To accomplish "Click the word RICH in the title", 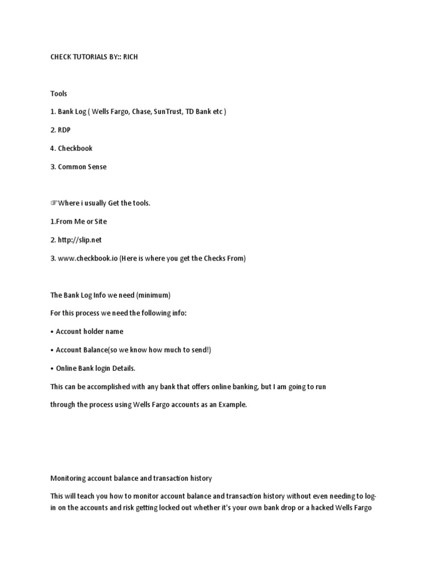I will (130, 57).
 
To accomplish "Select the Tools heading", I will (59, 94).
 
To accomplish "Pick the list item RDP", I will (64, 130).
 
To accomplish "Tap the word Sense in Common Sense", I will (96, 167).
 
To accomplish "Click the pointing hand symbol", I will (53, 203).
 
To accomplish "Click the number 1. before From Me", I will (53, 222).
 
